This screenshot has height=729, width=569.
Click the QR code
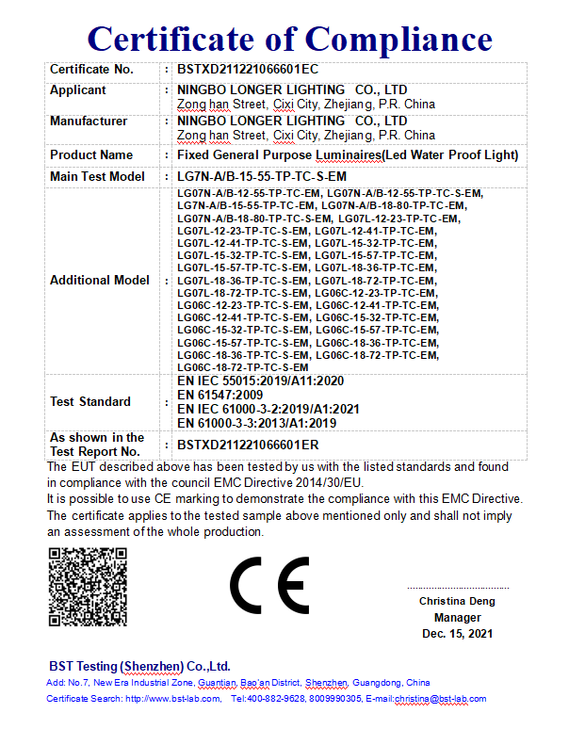pos(87,585)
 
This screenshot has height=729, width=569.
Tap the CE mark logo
pos(269,585)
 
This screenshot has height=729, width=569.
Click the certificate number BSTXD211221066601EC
pos(248,70)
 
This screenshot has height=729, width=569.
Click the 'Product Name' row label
pos(91,154)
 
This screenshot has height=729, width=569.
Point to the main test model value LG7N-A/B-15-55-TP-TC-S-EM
pos(262,176)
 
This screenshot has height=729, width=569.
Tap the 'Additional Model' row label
pos(100,280)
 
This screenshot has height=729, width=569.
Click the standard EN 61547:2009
pos(220,395)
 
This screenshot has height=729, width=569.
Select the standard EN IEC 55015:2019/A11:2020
pos(261,381)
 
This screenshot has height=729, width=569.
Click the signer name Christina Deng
pos(457,601)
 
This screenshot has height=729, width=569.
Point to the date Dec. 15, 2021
pos(457,634)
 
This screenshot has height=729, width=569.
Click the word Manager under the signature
pos(457,618)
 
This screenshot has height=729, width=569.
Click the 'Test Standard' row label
pos(90,401)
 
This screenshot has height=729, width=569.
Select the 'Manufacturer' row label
pos(89,121)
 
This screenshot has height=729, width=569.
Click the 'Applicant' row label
pos(78,90)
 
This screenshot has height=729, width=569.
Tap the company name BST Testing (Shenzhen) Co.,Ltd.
pos(139,666)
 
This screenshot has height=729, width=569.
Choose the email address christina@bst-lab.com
pos(440,699)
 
